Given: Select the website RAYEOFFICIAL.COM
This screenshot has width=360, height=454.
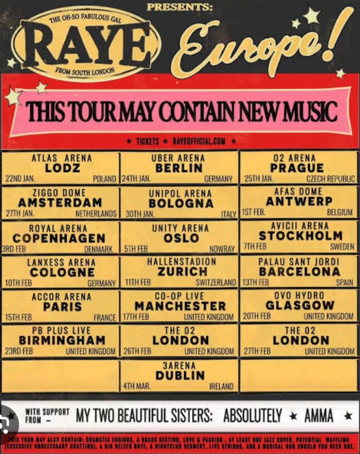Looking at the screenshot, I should coord(199,141).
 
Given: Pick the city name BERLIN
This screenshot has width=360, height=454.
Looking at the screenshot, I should coord(179,168).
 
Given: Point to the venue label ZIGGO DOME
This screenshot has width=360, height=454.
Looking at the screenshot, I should coord(59,193).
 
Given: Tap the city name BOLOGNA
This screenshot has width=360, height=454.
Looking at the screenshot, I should coord(180,203).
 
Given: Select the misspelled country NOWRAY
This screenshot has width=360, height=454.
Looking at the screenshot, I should coord(222,249).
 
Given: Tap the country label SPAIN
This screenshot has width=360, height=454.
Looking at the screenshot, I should coord(345,283).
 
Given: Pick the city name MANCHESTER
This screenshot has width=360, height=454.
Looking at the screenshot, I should coord(180,306).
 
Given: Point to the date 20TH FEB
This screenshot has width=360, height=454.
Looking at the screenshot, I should coord(256,316).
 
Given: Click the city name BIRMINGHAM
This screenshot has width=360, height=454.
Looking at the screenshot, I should coord(62,340).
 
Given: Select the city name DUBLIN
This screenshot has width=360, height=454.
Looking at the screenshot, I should coord(180,375).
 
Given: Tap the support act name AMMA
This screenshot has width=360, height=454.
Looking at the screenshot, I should coord(318,416).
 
